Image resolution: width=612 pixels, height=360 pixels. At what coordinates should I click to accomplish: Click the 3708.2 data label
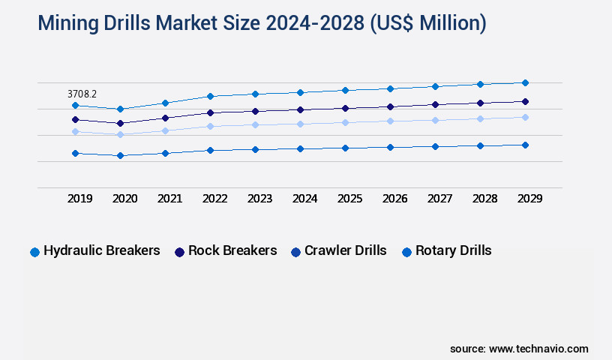tap(82, 94)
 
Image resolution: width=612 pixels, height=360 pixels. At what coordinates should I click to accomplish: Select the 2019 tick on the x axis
tap(80, 199)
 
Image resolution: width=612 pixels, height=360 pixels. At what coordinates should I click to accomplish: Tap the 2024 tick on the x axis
tap(304, 199)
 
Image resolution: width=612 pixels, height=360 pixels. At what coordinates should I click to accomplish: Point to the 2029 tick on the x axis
tap(529, 199)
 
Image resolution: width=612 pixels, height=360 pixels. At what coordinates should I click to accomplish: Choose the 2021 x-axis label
tap(169, 199)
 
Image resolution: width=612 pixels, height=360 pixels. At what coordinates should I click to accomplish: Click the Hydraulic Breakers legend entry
tap(95, 250)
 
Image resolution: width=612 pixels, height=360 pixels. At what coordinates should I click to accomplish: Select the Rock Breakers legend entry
tap(226, 250)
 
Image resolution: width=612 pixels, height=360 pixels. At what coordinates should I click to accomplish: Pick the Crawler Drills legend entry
tap(338, 250)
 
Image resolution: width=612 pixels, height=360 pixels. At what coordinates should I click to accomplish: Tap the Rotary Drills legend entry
tap(447, 250)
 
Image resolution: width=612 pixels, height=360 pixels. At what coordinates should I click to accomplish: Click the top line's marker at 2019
tap(75, 106)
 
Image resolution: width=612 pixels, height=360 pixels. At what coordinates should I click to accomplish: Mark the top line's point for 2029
tap(525, 82)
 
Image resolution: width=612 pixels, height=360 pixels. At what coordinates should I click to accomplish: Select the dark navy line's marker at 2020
tap(120, 123)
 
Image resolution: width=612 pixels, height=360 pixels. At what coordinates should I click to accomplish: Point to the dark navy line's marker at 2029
tap(525, 101)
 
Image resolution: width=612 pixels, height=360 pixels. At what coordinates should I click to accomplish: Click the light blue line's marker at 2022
tap(210, 126)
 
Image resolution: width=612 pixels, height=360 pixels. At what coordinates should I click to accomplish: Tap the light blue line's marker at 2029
tap(525, 117)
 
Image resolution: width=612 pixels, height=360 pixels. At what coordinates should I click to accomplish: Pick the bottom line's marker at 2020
tap(120, 155)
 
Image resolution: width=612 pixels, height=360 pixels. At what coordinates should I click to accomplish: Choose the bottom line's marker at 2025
tap(345, 148)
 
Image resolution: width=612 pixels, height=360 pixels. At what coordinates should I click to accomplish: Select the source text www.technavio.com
tap(538, 349)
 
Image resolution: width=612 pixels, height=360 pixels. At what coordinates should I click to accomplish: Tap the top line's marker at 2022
tap(210, 96)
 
